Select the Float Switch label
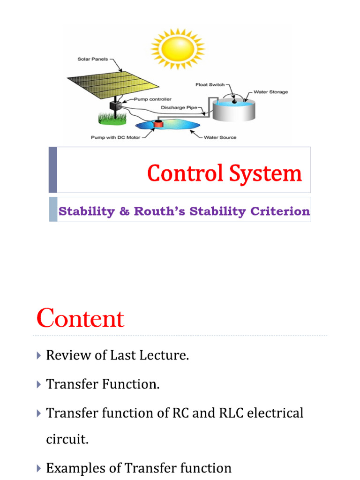coord(210,85)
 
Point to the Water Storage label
coord(271,92)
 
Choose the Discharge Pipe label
coord(179,107)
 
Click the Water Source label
coord(220,138)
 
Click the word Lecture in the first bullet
coord(165,355)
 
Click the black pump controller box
coord(115,105)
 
